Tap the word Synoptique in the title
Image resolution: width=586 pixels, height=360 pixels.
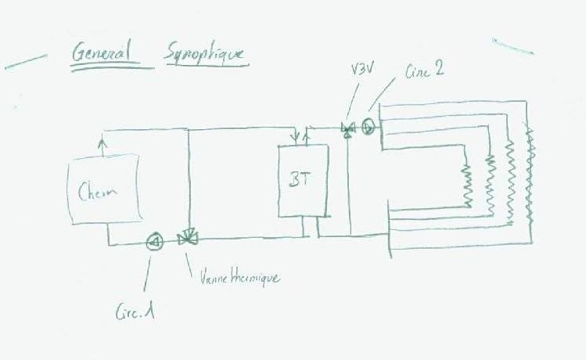(204, 54)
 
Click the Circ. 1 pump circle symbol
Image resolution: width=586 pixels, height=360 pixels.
(155, 240)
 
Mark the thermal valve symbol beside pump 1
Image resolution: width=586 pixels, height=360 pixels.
(187, 238)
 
